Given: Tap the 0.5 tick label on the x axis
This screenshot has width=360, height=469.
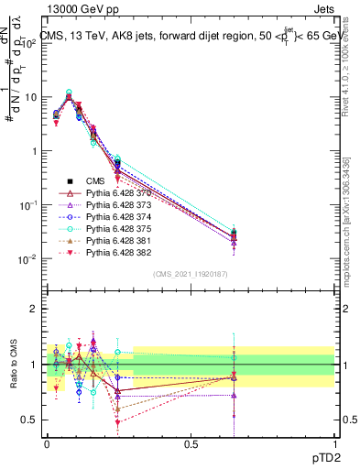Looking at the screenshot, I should pos(191,442).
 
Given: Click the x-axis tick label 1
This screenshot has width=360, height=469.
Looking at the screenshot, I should pos(333,442).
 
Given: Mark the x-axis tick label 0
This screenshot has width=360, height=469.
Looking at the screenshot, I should pos(48,442).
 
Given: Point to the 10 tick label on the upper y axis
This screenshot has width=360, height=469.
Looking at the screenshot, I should pos(30,97).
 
